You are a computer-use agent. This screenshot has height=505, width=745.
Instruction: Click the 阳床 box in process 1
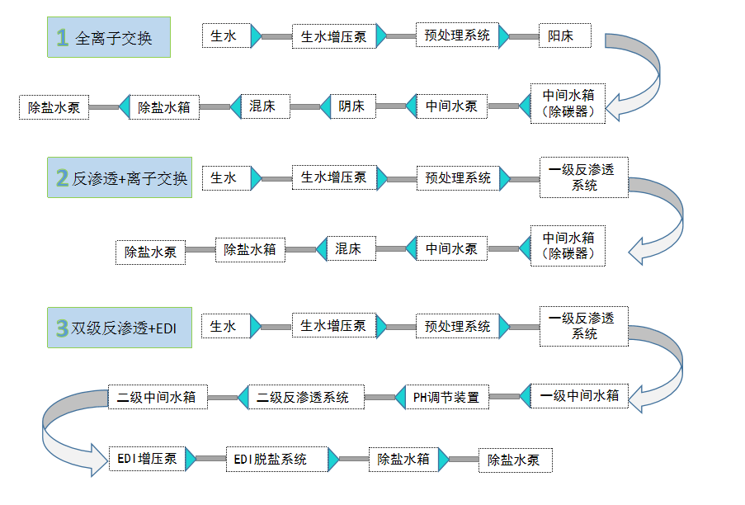click(x=557, y=36)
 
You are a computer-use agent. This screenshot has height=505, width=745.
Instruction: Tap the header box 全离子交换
click(x=109, y=37)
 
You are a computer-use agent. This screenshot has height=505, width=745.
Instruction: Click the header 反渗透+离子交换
click(x=120, y=177)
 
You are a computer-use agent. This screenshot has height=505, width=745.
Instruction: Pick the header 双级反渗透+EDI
click(x=120, y=328)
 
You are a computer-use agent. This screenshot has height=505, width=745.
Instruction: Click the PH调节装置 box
click(x=446, y=397)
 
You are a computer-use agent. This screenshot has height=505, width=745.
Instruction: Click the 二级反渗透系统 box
click(x=303, y=397)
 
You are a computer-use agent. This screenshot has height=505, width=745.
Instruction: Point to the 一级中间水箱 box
click(x=579, y=396)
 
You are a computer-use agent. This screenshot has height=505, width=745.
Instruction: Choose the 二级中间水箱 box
click(x=157, y=397)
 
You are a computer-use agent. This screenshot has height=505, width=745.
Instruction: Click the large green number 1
click(x=63, y=37)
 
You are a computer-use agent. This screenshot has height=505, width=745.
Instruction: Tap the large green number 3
click(x=62, y=328)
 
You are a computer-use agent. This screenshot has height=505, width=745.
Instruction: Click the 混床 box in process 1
click(x=262, y=106)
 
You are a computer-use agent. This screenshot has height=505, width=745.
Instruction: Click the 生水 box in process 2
click(x=225, y=177)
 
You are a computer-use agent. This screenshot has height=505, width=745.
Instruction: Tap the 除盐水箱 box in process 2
click(x=250, y=249)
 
